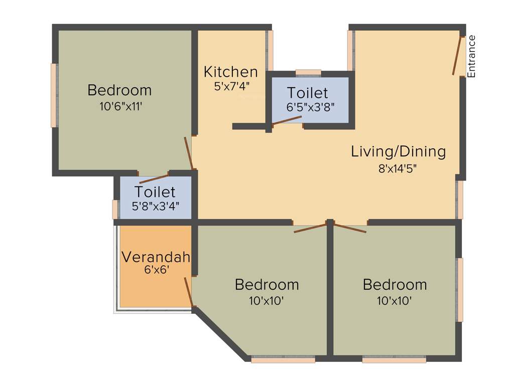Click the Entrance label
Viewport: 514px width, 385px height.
tap(471, 56)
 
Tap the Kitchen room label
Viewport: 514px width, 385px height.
tap(230, 72)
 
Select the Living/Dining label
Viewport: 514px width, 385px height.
tap(398, 151)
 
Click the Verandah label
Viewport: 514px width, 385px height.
tap(156, 258)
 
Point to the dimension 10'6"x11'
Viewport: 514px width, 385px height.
tap(119, 106)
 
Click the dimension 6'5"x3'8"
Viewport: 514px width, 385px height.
tap(310, 106)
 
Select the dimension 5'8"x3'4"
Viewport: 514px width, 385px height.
tap(155, 205)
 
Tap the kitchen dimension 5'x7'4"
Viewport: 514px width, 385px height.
tap(231, 86)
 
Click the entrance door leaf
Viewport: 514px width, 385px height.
tap(457, 56)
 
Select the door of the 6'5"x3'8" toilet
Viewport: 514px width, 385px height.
tap(287, 120)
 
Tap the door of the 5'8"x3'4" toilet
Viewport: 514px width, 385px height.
tap(154, 179)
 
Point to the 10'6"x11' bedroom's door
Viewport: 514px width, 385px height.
tap(189, 152)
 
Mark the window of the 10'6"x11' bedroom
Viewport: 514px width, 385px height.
tap(54, 95)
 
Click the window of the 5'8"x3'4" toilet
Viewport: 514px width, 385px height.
tap(115, 209)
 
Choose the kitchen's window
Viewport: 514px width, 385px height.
tap(270, 51)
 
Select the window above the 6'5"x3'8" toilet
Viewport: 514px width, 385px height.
tap(308, 73)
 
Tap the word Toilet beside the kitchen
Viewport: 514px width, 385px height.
tap(307, 93)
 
